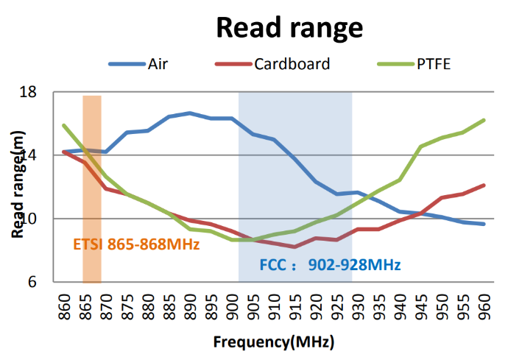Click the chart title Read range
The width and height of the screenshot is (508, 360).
tap(289, 27)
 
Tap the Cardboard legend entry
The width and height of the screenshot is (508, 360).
tap(292, 63)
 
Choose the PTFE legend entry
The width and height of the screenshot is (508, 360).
tap(433, 63)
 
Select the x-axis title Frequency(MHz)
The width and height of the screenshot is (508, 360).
tap(273, 342)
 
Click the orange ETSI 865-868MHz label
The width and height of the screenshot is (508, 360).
tap(137, 244)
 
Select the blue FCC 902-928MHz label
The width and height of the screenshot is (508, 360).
tap(330, 264)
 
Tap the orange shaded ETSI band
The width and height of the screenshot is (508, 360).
tap(92, 221)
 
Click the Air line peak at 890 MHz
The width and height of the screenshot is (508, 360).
tap(190, 113)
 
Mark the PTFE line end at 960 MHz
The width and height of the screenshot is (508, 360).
tap(484, 120)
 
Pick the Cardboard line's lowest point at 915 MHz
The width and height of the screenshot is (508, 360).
tap(295, 247)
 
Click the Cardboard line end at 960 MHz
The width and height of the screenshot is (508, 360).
tap(484, 185)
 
